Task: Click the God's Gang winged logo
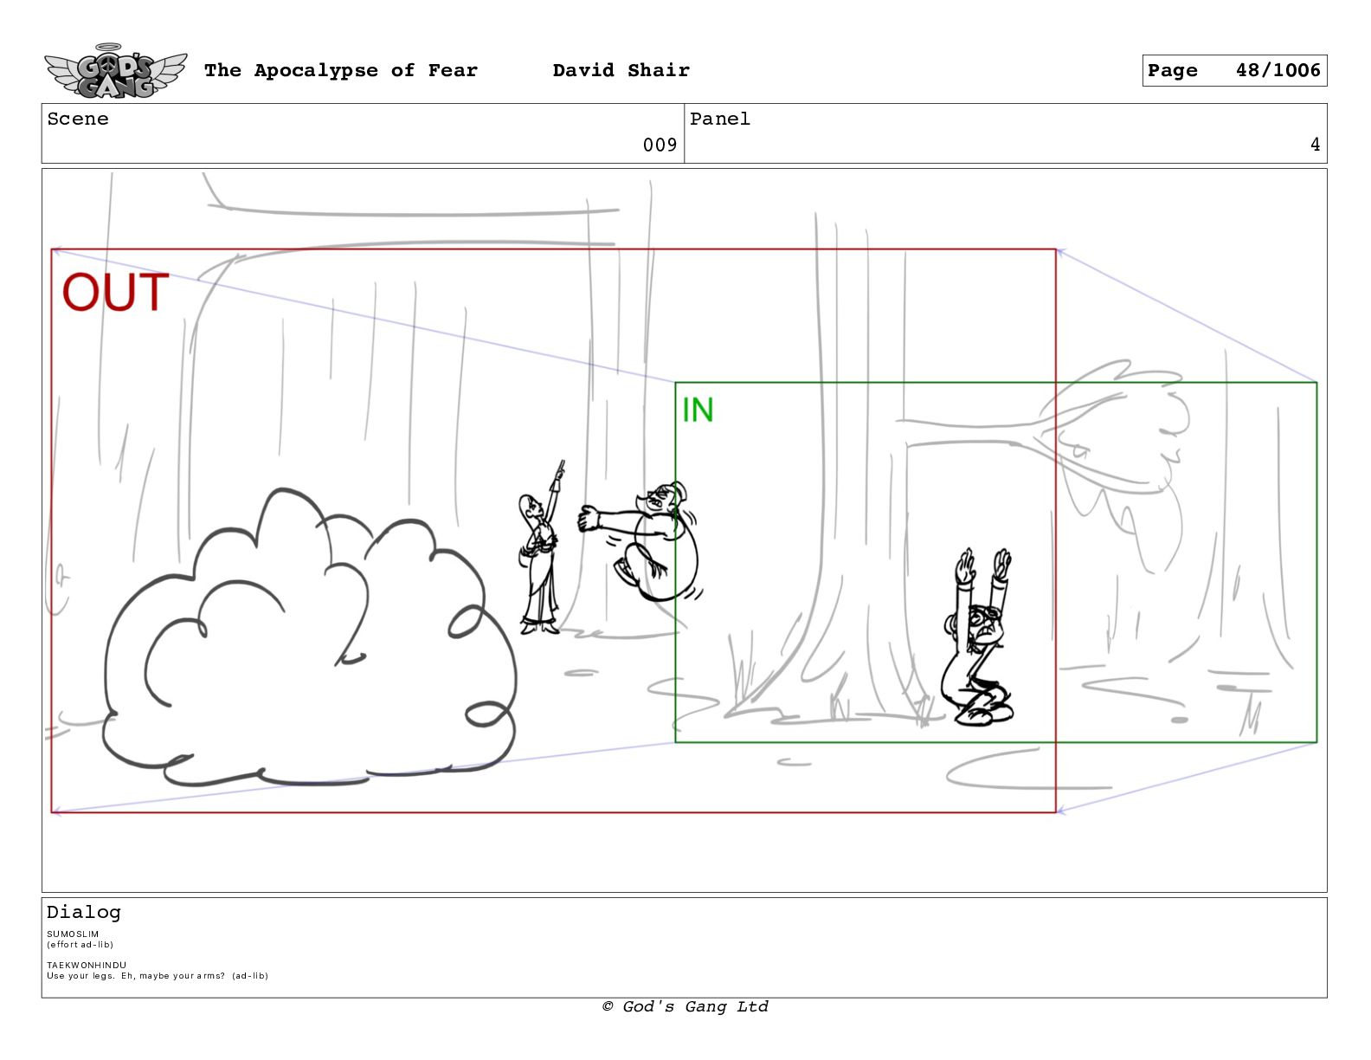pos(116,71)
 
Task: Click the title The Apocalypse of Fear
pos(341,70)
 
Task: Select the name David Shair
pos(621,70)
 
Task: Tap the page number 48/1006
pos(1278,70)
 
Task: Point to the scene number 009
pos(660,145)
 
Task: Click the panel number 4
pos(1315,145)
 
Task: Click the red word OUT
pos(115,292)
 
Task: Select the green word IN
pos(698,410)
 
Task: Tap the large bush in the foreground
pos(310,637)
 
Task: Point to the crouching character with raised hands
pos(979,637)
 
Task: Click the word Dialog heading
pos(83,912)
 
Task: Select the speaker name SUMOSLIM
pos(73,934)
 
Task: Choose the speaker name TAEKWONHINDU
pos(87,965)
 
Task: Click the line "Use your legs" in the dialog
pos(158,975)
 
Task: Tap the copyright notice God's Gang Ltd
pos(685,1006)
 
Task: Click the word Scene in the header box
pos(78,119)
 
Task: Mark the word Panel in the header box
pos(720,119)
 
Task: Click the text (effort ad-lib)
pos(80,945)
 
